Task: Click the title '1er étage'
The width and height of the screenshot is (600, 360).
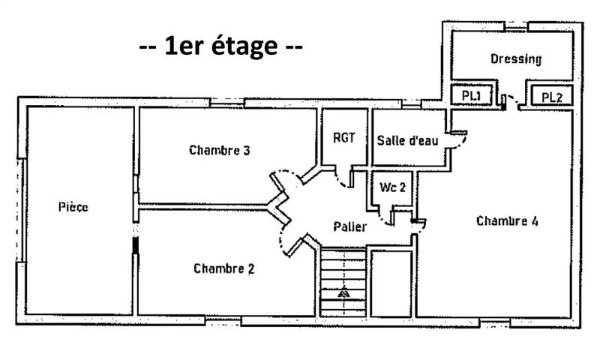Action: [221, 47]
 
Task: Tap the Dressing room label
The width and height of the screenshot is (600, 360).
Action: [515, 58]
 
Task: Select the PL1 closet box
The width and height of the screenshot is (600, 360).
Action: [470, 96]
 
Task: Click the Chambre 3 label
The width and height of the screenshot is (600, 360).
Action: [219, 150]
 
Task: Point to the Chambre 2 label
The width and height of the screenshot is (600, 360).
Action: [223, 268]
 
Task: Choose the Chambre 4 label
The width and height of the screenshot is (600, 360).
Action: [507, 221]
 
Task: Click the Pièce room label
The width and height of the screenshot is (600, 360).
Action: [73, 207]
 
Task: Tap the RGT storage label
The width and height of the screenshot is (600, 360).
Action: [344, 138]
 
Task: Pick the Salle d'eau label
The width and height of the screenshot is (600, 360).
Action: [408, 140]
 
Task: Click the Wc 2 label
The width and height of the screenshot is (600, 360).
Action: [393, 187]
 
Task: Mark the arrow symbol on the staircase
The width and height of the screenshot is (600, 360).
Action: [343, 292]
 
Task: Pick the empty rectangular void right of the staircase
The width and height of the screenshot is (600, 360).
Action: [391, 283]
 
